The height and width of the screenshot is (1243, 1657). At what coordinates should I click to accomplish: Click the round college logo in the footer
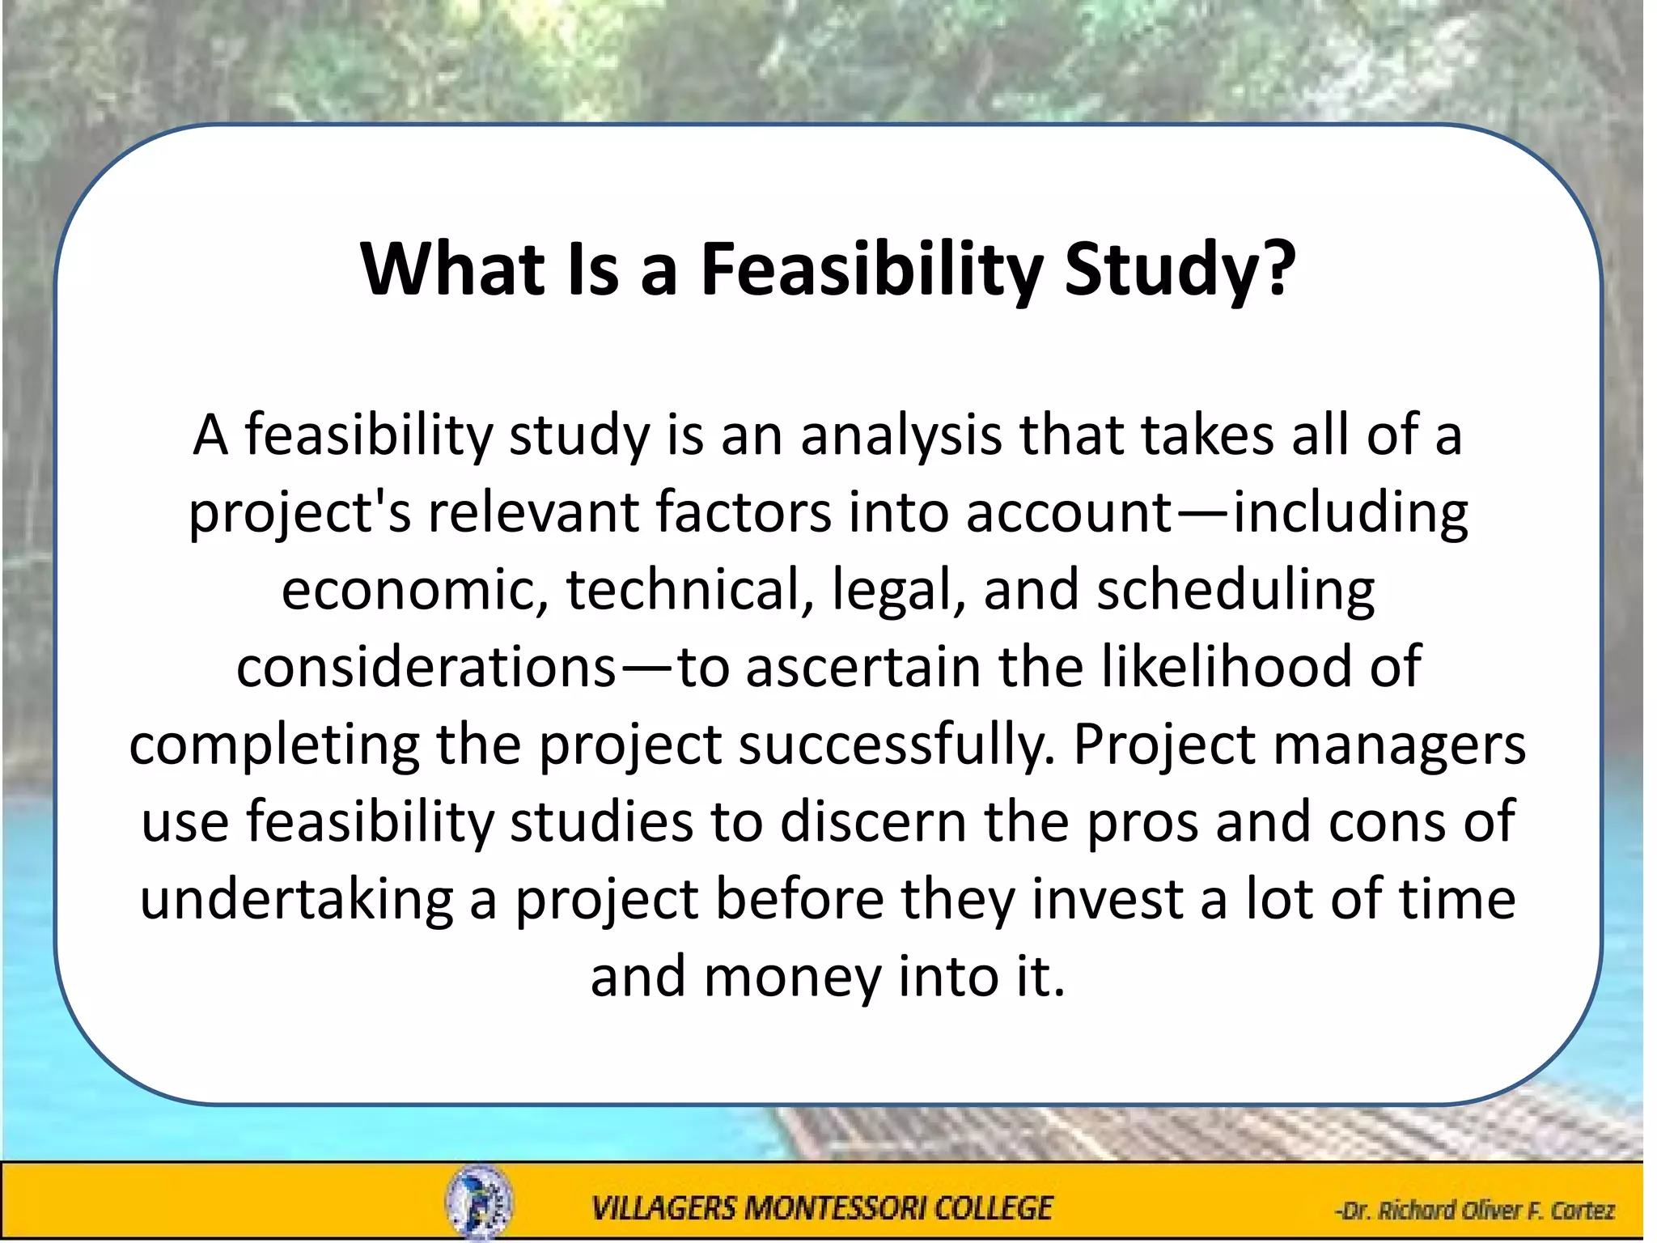tap(479, 1203)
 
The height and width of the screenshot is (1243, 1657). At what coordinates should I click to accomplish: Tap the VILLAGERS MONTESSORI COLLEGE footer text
tap(822, 1209)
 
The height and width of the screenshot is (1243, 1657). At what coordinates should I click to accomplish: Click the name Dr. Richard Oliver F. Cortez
tap(1474, 1211)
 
